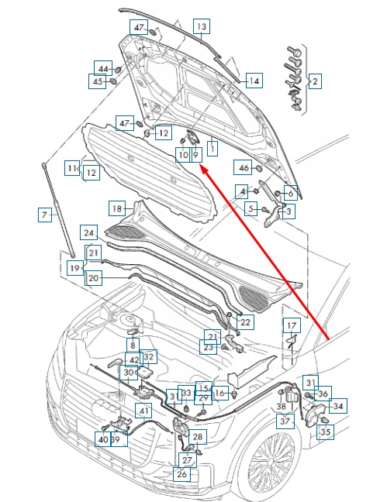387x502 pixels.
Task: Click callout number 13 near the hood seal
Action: coord(201,26)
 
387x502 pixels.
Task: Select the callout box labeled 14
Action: coord(254,81)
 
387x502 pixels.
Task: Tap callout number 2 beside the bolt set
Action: coord(315,81)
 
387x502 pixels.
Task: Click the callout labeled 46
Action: coord(243,167)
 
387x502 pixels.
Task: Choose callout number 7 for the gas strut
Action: coord(44,214)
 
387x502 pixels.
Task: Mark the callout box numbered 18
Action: coord(116,208)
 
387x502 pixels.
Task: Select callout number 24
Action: coord(89,232)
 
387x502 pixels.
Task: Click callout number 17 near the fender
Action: coord(290,325)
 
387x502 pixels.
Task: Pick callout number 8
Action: coord(133,346)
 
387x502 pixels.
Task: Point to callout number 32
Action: coord(149,357)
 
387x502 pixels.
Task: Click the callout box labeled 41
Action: coord(144,411)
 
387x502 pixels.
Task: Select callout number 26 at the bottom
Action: coord(181,474)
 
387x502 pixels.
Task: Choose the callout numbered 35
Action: coord(326,432)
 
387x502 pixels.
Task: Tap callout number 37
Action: coord(285,421)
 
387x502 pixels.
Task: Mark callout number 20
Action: coord(93,278)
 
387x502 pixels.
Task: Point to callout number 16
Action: coord(219,394)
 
